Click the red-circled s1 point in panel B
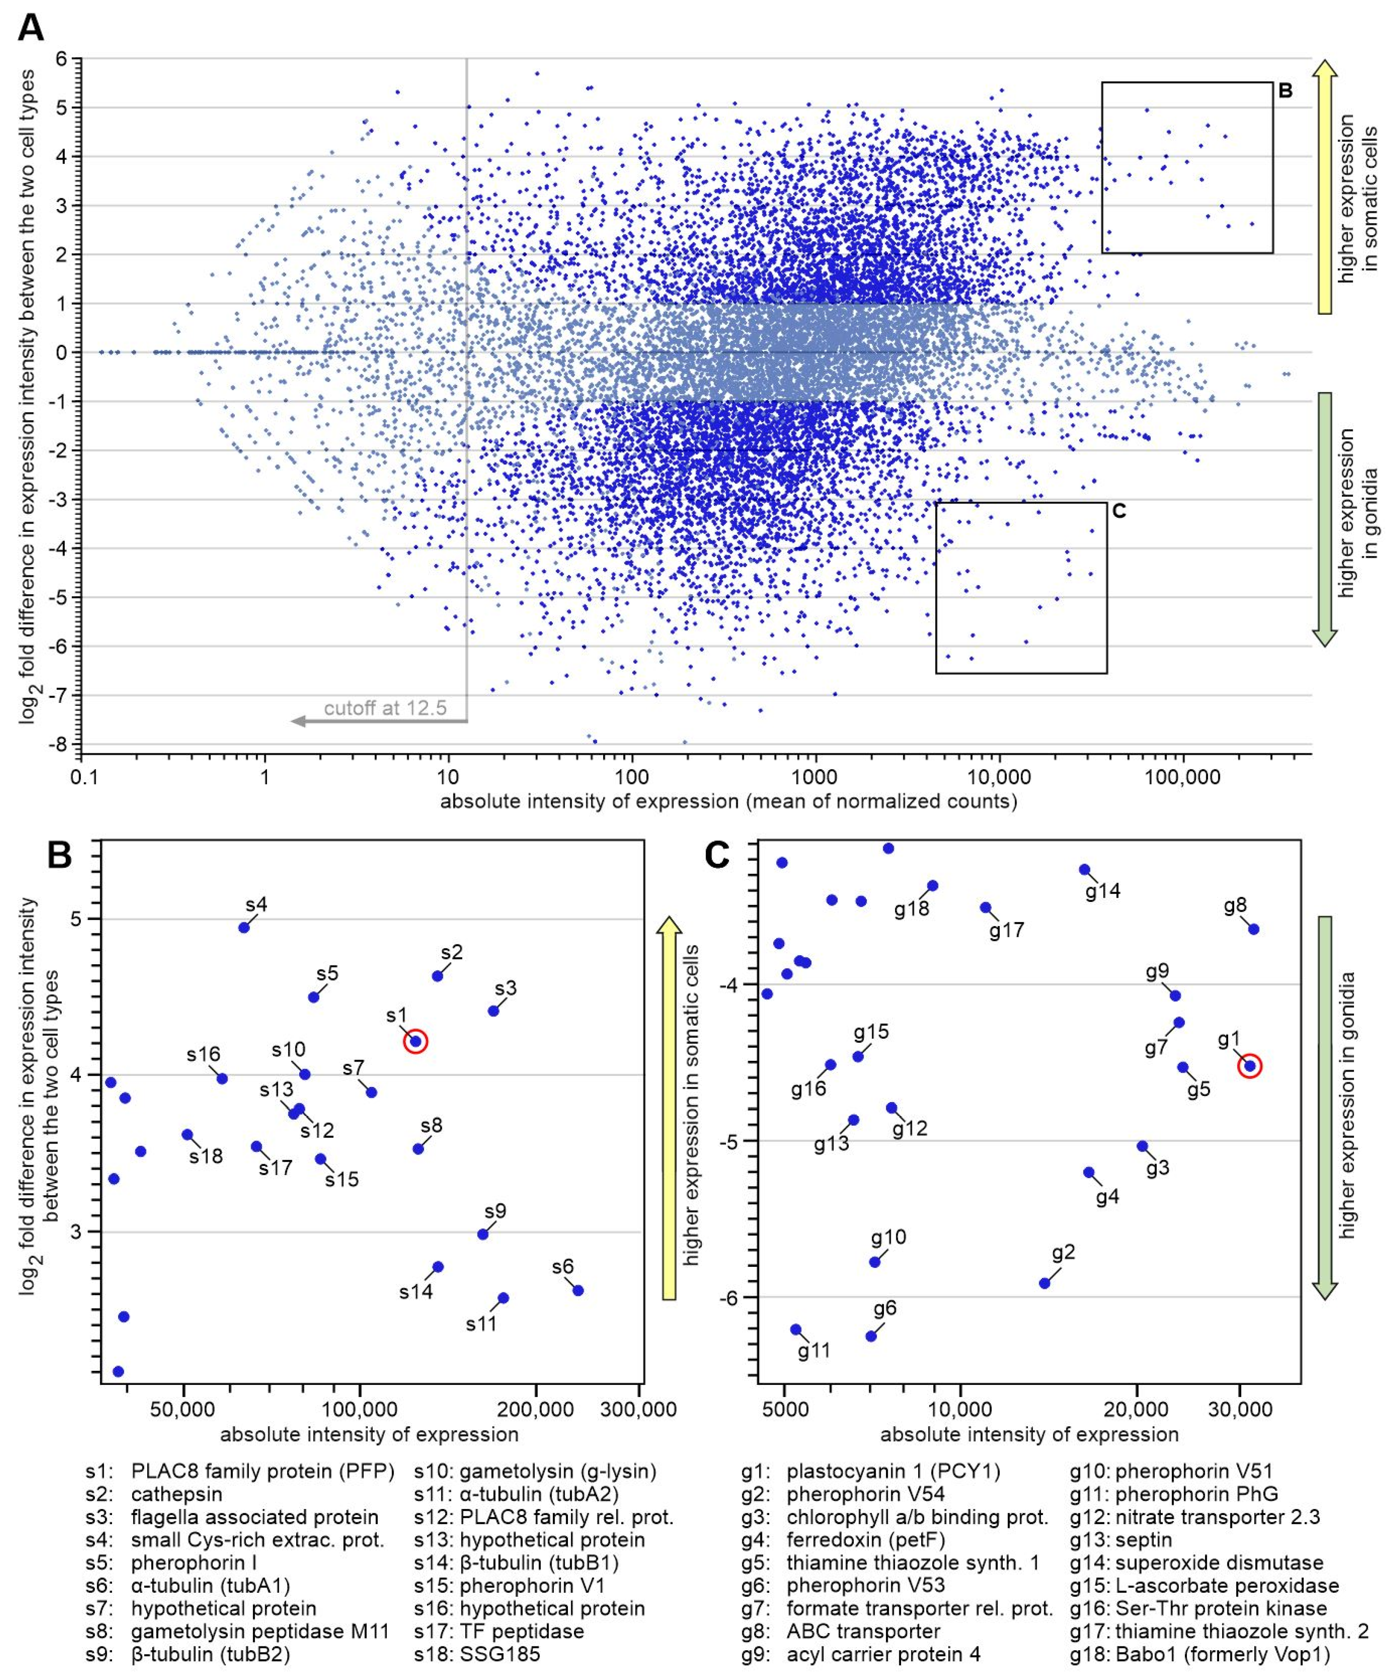[415, 1041]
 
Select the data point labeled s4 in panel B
[244, 927]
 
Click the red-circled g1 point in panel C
[1250, 1066]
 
